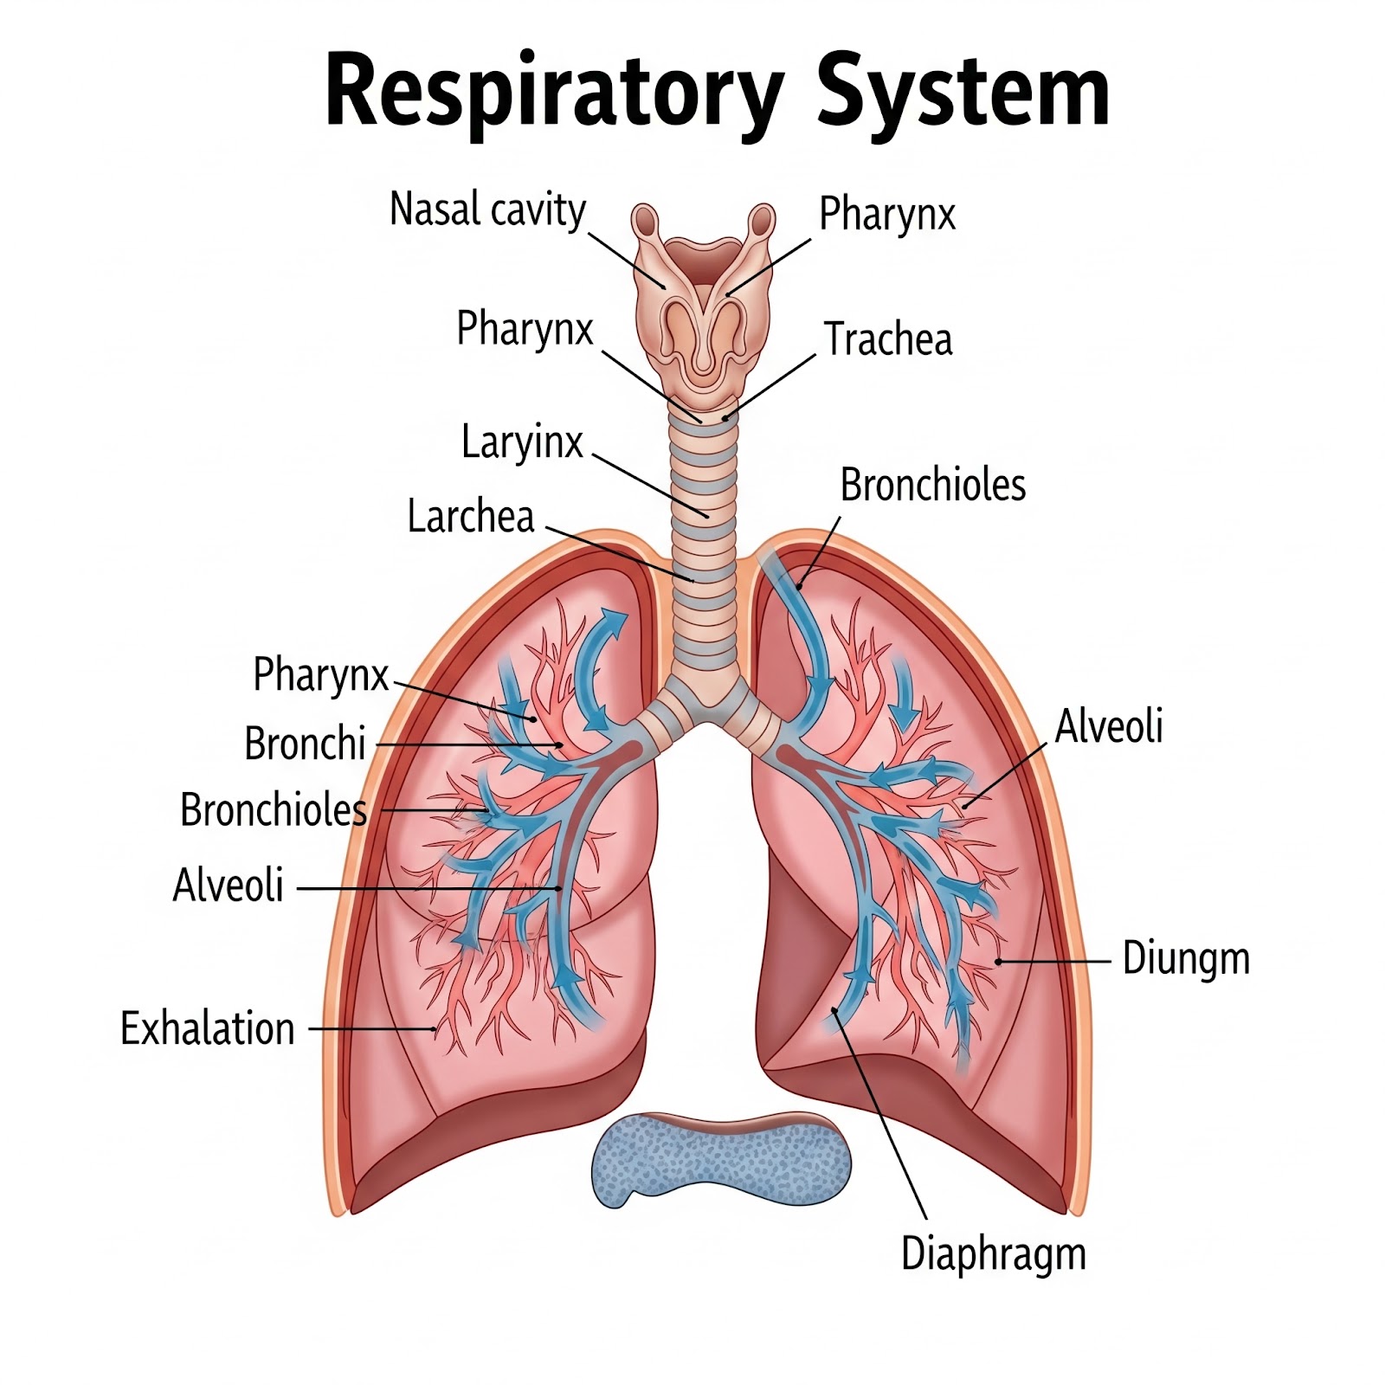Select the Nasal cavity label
487,209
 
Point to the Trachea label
887,339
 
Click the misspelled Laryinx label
522,442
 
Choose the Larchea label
470,517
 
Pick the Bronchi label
305,744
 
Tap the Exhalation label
208,1029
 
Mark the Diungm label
1186,959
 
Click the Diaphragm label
993,1254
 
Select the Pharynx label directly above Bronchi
320,674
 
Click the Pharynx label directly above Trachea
887,214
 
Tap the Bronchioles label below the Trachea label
932,486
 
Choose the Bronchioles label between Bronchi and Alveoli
274,810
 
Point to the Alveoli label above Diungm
1109,726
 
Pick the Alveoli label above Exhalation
229,886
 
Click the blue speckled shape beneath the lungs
720,1160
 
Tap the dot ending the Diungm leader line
998,961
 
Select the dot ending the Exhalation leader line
434,1029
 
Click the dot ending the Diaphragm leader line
834,1009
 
